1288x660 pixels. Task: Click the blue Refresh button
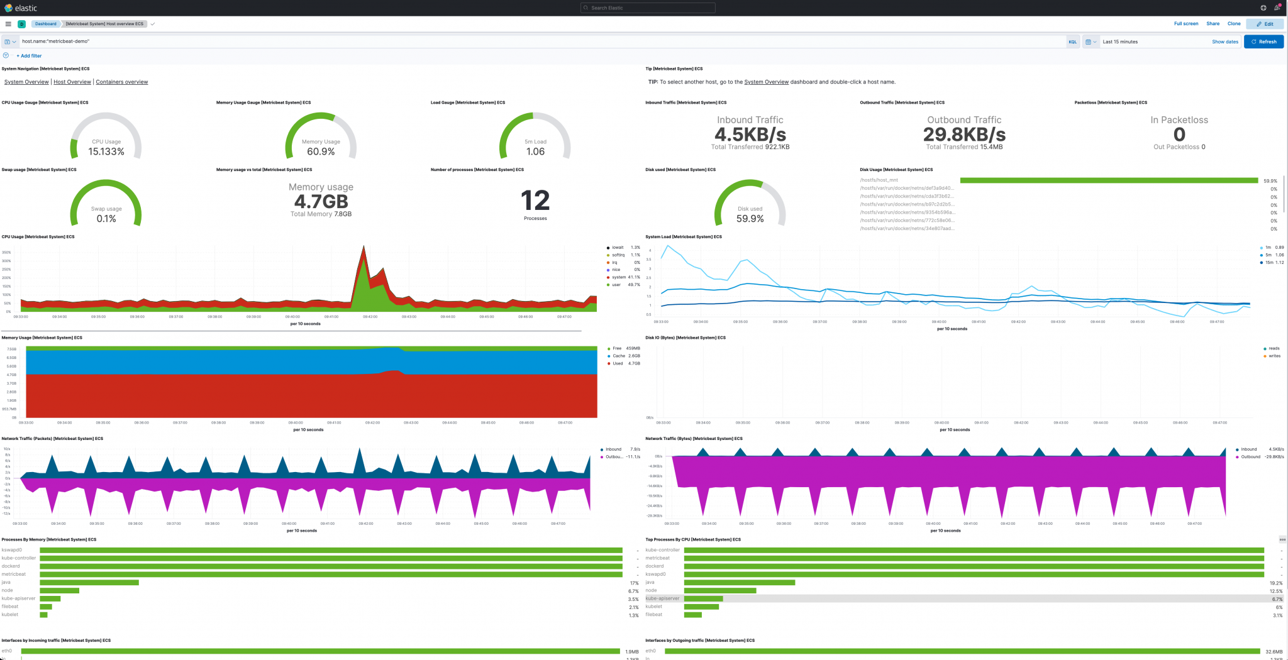[x=1263, y=41]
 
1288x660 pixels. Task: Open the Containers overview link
[x=122, y=82]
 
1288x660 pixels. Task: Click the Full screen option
[x=1185, y=24]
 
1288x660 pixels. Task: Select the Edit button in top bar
[x=1265, y=24]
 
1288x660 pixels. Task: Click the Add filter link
[x=29, y=56]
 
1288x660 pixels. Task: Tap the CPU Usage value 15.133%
[x=106, y=151]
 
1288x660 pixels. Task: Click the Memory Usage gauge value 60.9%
[x=321, y=151]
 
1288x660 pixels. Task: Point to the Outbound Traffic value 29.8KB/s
[x=964, y=135]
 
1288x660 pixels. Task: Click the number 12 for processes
[x=535, y=201]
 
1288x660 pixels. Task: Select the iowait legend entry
[x=618, y=248]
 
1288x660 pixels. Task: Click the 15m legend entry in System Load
[x=1269, y=263]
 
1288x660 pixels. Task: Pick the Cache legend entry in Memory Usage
[x=619, y=356]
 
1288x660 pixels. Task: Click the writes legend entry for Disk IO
[x=1274, y=356]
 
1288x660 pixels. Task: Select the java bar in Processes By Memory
[x=89, y=583]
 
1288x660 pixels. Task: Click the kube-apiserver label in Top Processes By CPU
[x=662, y=598]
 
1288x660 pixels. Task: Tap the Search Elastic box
[x=648, y=8]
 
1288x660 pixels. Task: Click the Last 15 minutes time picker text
[x=1120, y=41]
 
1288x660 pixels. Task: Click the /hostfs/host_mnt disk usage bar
[x=1109, y=180]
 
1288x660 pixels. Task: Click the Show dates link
[x=1224, y=41]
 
